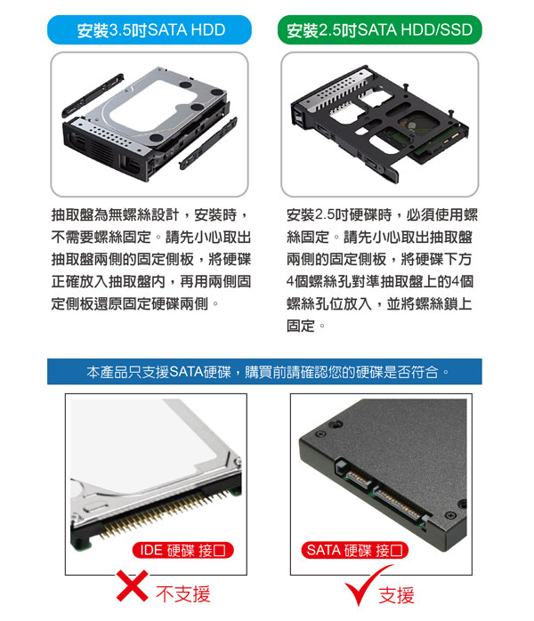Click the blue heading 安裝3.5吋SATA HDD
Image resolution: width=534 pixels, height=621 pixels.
[151, 30]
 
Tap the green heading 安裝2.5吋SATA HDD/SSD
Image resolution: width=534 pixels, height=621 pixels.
[379, 30]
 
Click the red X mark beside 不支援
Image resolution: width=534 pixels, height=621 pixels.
[133, 585]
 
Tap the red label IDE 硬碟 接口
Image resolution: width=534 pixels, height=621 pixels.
[182, 550]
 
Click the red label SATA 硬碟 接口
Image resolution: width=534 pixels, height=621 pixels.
[354, 550]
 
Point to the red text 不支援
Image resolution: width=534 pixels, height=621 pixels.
[183, 593]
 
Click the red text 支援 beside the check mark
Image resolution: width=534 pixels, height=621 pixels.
[397, 595]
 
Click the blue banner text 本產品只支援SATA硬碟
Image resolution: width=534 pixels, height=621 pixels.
[158, 372]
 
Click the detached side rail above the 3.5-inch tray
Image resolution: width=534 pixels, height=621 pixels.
[93, 95]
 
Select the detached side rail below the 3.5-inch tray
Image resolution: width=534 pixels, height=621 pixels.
[208, 143]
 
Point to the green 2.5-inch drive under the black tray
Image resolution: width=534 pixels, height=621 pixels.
[425, 134]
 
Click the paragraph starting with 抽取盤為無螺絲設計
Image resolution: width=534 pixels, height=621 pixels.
[151, 260]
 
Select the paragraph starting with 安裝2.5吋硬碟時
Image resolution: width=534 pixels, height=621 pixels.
[382, 270]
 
